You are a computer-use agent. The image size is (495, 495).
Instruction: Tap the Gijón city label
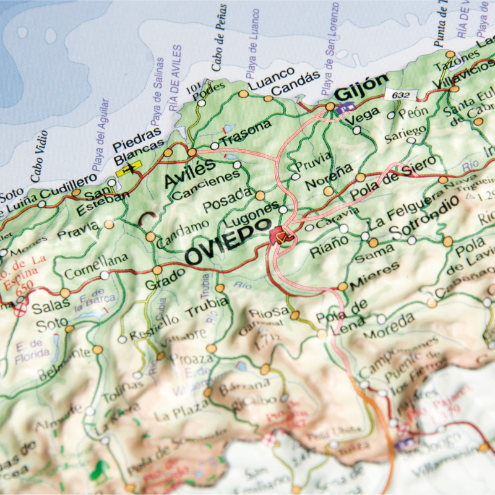tap(361, 87)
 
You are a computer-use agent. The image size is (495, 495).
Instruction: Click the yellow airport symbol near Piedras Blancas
tap(129, 167)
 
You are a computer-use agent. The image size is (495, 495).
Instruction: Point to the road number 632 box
tap(400, 95)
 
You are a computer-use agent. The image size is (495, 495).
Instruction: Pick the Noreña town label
tap(329, 176)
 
